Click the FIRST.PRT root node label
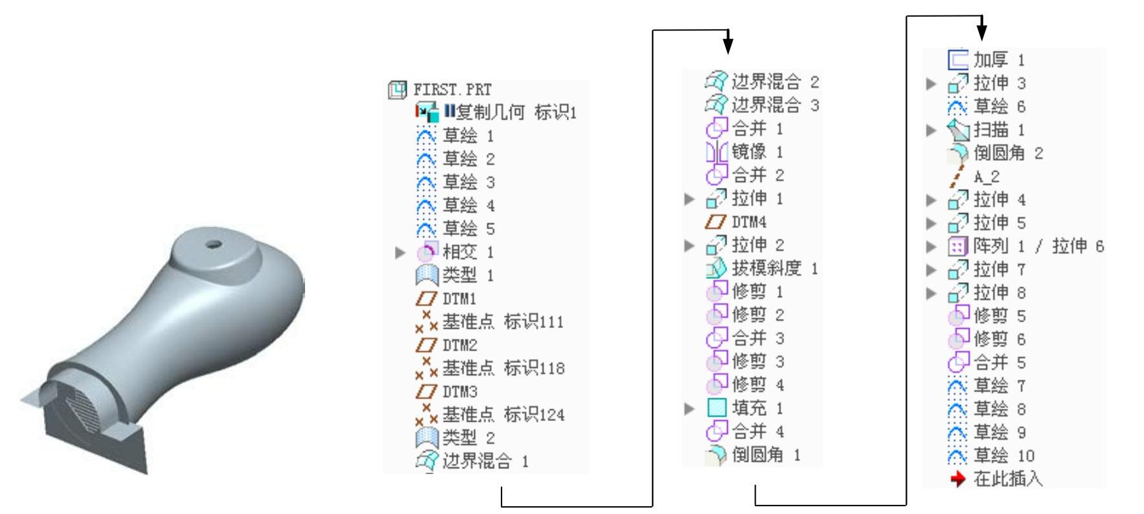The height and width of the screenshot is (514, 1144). tap(452, 90)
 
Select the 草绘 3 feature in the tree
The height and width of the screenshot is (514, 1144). tap(468, 183)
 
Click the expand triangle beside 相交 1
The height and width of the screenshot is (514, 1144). tap(401, 252)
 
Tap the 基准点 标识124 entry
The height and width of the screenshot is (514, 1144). tap(503, 415)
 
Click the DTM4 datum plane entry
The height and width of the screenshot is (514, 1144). tap(748, 222)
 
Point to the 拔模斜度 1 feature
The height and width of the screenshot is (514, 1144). tap(774, 269)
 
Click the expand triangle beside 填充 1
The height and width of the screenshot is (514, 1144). tap(690, 409)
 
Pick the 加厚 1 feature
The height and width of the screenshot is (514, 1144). tap(999, 60)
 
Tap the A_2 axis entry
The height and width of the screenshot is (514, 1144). tap(986, 176)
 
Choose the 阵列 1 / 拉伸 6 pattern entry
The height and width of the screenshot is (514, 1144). tap(1038, 246)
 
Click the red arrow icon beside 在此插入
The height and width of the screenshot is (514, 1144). tap(958, 479)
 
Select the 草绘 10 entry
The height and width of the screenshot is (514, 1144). tap(1003, 456)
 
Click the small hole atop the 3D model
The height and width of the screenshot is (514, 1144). tap(211, 245)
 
